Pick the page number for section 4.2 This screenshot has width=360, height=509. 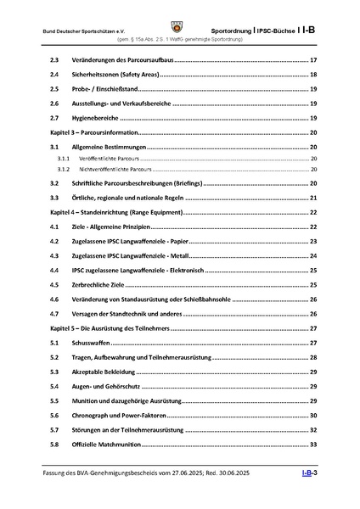(x=312, y=242)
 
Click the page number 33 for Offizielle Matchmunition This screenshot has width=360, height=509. (x=312, y=444)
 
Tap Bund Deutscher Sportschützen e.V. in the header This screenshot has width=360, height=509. (x=77, y=30)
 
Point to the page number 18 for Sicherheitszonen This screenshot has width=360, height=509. (x=312, y=76)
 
